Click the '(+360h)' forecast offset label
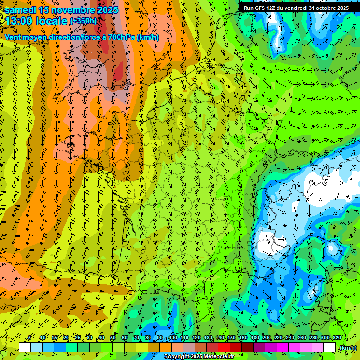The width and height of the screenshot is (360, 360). (83, 21)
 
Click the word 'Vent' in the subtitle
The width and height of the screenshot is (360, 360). (13, 37)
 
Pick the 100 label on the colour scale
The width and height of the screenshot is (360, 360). (173, 338)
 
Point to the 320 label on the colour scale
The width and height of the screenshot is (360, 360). (337, 338)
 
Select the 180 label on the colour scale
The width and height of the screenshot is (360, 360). (255, 338)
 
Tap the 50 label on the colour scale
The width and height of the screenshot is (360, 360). (113, 338)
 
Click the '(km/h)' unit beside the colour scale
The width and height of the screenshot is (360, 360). (347, 348)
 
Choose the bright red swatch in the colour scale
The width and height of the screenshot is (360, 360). (224, 347)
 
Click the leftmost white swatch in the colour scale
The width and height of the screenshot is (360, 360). (25, 347)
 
